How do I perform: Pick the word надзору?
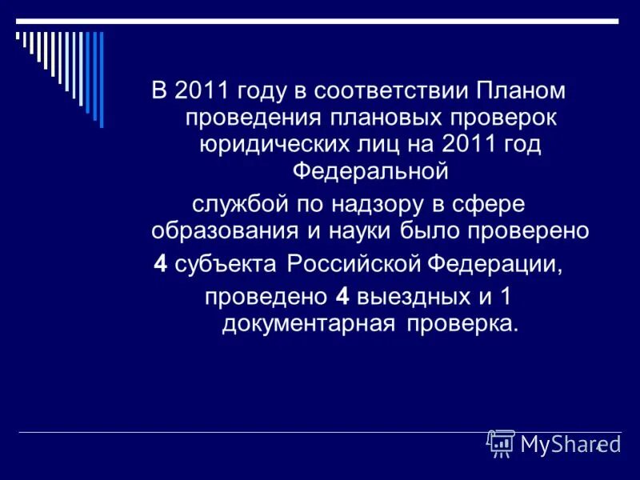pos(379,204)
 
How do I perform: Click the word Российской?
pos(353,265)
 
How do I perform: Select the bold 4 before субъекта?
pos(159,265)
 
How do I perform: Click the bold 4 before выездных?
pos(342,297)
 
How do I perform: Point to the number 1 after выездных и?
pos(505,297)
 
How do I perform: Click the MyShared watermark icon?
pos(501,442)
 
